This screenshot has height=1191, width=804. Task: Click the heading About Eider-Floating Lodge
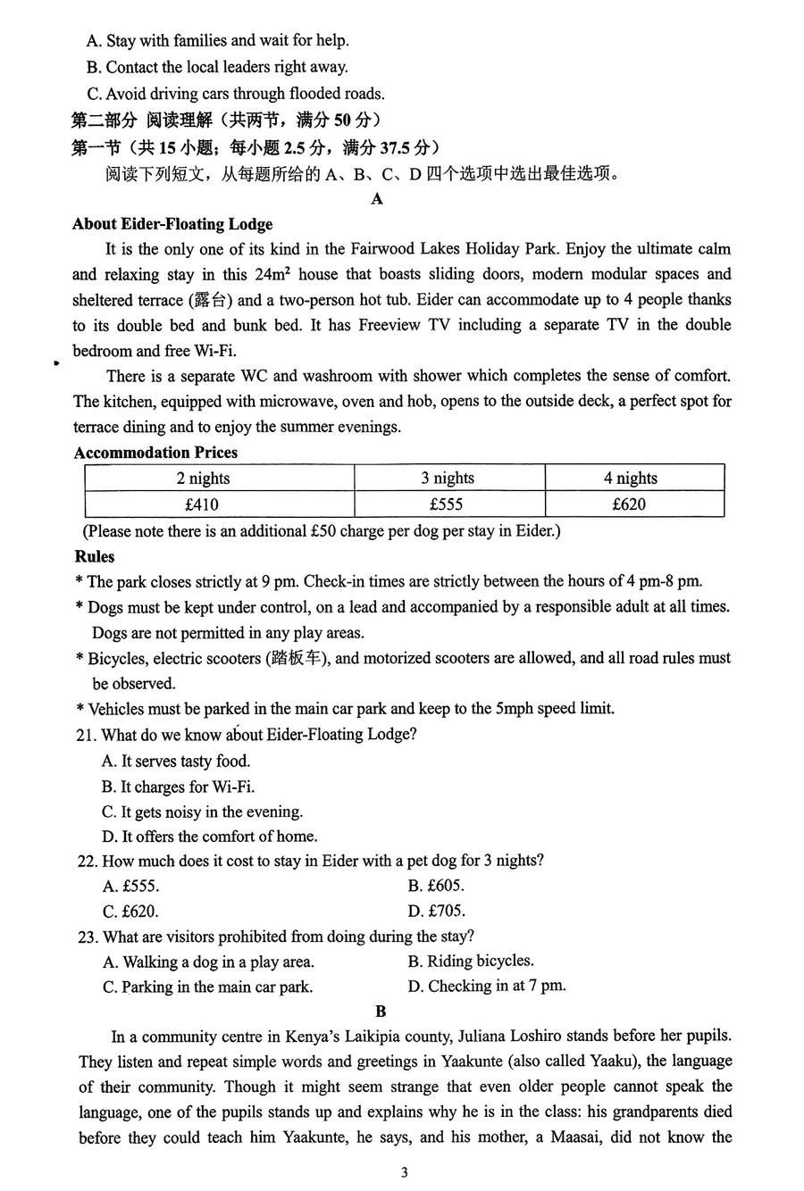[x=172, y=224]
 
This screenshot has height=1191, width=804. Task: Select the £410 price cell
[x=201, y=504]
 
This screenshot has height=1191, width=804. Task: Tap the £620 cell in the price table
[x=629, y=504]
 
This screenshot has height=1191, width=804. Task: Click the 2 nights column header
[x=203, y=479]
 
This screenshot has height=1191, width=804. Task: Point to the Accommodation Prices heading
[x=155, y=453]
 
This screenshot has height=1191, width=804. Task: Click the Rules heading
[x=95, y=556]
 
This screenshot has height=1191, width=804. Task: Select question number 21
[x=87, y=735]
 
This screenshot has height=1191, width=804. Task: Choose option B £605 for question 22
[x=436, y=886]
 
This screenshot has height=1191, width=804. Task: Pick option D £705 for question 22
[x=436, y=912]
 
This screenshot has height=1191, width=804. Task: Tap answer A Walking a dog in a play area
[x=208, y=962]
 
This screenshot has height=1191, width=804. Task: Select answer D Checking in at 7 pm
[x=487, y=987]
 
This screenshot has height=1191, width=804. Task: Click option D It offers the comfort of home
[x=209, y=837]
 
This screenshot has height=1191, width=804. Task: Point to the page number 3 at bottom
[x=404, y=1172]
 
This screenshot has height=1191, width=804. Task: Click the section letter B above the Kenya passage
[x=381, y=1012]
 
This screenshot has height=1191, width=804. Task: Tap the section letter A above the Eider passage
[x=377, y=198]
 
